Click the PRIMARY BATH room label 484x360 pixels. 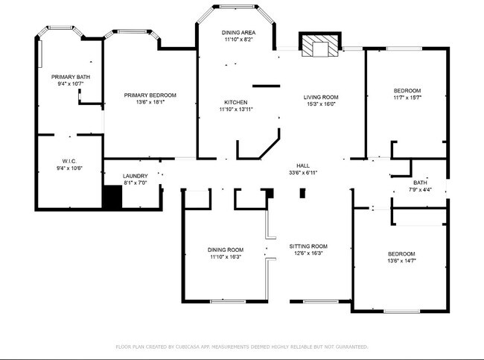(71, 77)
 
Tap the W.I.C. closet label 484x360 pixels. (69, 161)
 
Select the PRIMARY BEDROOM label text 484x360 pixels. (150, 95)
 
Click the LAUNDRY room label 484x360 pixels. (135, 176)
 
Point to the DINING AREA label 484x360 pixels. (238, 33)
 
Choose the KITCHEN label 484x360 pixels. (236, 102)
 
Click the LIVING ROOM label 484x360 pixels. (321, 97)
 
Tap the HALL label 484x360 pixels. (303, 165)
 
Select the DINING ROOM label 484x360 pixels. (226, 250)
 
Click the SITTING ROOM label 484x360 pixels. (308, 246)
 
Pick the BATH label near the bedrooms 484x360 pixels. (421, 183)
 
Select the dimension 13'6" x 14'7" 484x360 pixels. (401, 261)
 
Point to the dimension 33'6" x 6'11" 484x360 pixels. (303, 172)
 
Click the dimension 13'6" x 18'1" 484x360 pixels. (150, 102)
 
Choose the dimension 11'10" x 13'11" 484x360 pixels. (236, 110)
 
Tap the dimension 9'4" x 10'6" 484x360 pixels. (69, 168)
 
